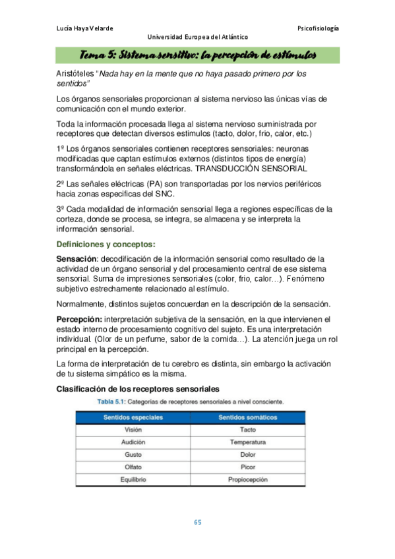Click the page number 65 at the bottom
click(197, 523)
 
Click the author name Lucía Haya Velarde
click(85, 28)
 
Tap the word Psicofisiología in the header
click(318, 28)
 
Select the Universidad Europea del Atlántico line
click(197, 37)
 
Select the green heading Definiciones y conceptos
click(106, 245)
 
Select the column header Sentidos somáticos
click(247, 417)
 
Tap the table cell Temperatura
click(247, 442)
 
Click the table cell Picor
click(247, 467)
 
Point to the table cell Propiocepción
click(247, 479)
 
